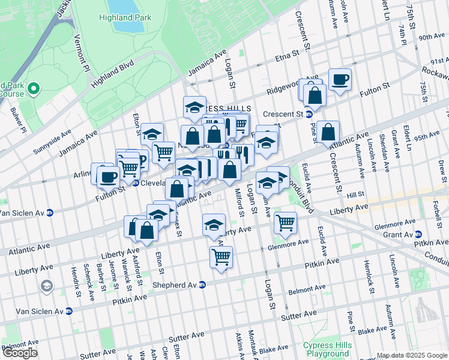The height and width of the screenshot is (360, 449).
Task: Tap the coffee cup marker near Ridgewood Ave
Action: [x=340, y=79]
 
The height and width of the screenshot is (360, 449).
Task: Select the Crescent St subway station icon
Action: [x=309, y=114]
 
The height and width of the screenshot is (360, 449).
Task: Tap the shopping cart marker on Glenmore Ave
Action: [x=285, y=223]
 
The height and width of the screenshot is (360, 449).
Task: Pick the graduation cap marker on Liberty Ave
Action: [x=214, y=225]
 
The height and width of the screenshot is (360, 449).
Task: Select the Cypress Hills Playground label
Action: [x=327, y=349]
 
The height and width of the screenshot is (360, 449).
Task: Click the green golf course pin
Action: [x=33, y=89]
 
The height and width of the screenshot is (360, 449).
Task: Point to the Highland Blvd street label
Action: [x=112, y=73]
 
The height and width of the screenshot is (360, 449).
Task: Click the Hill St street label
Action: [x=355, y=195]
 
